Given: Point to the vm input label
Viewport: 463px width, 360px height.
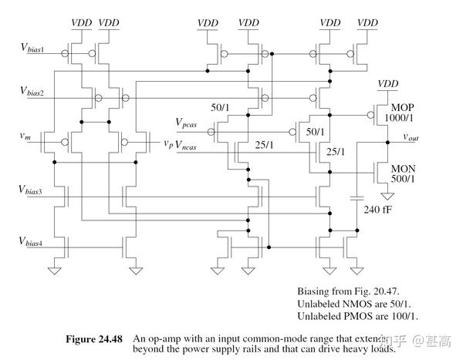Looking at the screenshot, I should (25, 136).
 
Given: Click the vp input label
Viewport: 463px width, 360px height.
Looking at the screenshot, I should (168, 143).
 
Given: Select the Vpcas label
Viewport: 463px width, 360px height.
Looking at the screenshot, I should (191, 122).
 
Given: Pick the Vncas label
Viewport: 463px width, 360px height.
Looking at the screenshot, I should (191, 143).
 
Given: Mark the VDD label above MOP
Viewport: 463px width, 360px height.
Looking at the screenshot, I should (389, 83).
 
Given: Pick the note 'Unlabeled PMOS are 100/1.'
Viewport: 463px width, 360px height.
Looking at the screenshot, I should (360, 317).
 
